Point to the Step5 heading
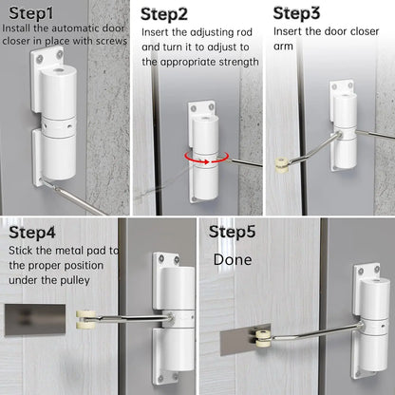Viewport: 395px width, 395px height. point(234,231)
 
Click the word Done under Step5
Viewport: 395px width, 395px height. point(232,258)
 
